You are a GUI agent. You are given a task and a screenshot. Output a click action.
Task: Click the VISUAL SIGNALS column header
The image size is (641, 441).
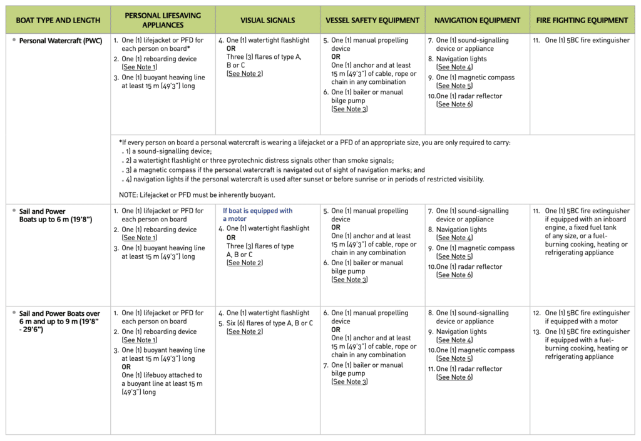[x=267, y=21]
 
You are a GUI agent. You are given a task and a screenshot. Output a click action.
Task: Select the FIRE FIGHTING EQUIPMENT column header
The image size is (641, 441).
[x=582, y=21]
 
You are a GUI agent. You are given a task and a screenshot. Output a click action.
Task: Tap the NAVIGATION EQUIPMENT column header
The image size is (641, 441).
[x=477, y=21]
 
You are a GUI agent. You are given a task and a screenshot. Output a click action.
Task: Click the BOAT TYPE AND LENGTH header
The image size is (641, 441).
[x=58, y=21]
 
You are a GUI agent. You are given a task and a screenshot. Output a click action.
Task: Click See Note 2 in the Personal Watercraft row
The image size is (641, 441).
[x=245, y=74]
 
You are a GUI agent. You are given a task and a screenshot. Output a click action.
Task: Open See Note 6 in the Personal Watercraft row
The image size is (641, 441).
[x=454, y=104]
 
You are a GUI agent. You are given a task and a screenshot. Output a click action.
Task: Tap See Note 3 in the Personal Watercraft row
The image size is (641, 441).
[x=349, y=109]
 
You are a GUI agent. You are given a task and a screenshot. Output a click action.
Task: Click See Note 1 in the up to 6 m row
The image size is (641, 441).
[x=140, y=238]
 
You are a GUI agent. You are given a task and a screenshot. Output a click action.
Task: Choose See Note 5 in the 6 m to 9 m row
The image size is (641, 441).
[x=454, y=358]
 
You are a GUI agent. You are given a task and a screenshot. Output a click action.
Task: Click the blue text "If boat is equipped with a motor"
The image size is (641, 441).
[x=257, y=215]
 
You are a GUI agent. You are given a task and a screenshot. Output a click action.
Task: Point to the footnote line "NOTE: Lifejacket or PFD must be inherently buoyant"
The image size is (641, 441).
[x=197, y=195]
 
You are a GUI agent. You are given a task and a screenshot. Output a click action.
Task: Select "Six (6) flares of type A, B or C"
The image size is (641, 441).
[x=269, y=323]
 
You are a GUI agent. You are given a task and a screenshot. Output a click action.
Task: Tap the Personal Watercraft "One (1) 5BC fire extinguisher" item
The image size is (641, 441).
[x=582, y=40]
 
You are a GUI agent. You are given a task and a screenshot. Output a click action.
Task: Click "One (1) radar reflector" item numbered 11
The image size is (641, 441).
[x=469, y=369]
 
